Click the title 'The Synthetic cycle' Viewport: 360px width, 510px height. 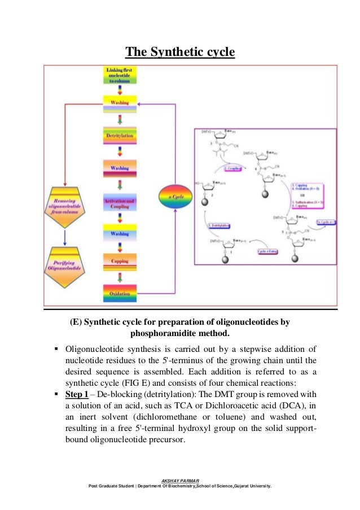click(x=179, y=53)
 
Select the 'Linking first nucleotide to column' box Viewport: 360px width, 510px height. click(x=120, y=76)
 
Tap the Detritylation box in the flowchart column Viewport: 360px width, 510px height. click(x=120, y=136)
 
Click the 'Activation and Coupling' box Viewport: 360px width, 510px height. click(x=120, y=203)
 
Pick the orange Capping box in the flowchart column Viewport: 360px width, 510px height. click(x=120, y=261)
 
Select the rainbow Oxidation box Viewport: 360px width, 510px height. click(x=120, y=293)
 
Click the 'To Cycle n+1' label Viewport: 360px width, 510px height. click(x=326, y=223)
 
